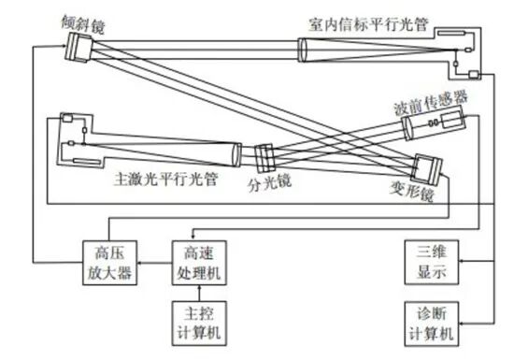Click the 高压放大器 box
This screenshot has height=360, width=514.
tap(109, 263)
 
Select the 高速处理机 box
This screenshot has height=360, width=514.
tap(199, 263)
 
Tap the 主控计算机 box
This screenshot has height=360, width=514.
tap(199, 324)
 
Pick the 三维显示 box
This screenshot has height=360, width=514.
tap(432, 262)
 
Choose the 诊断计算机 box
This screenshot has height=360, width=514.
tap(432, 324)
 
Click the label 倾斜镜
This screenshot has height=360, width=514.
tap(83, 23)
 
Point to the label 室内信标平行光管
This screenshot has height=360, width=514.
tap(368, 24)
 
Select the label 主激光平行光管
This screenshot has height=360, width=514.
tap(165, 180)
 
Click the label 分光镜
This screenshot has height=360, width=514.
tap(269, 183)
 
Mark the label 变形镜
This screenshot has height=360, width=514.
tap(412, 191)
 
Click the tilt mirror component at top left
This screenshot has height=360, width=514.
tap(79, 47)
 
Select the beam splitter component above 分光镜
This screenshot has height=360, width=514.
tap(264, 158)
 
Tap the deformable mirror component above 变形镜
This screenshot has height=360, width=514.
tap(426, 168)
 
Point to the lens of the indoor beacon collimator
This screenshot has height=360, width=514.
tap(302, 50)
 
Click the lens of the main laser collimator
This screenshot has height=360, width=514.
tap(237, 155)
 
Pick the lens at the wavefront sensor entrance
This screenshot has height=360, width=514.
tap(407, 128)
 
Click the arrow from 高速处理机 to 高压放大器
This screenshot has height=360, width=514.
tap(155, 263)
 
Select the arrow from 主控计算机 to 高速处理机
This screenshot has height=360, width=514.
tap(199, 293)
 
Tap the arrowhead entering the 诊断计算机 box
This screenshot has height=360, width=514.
tap(462, 324)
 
